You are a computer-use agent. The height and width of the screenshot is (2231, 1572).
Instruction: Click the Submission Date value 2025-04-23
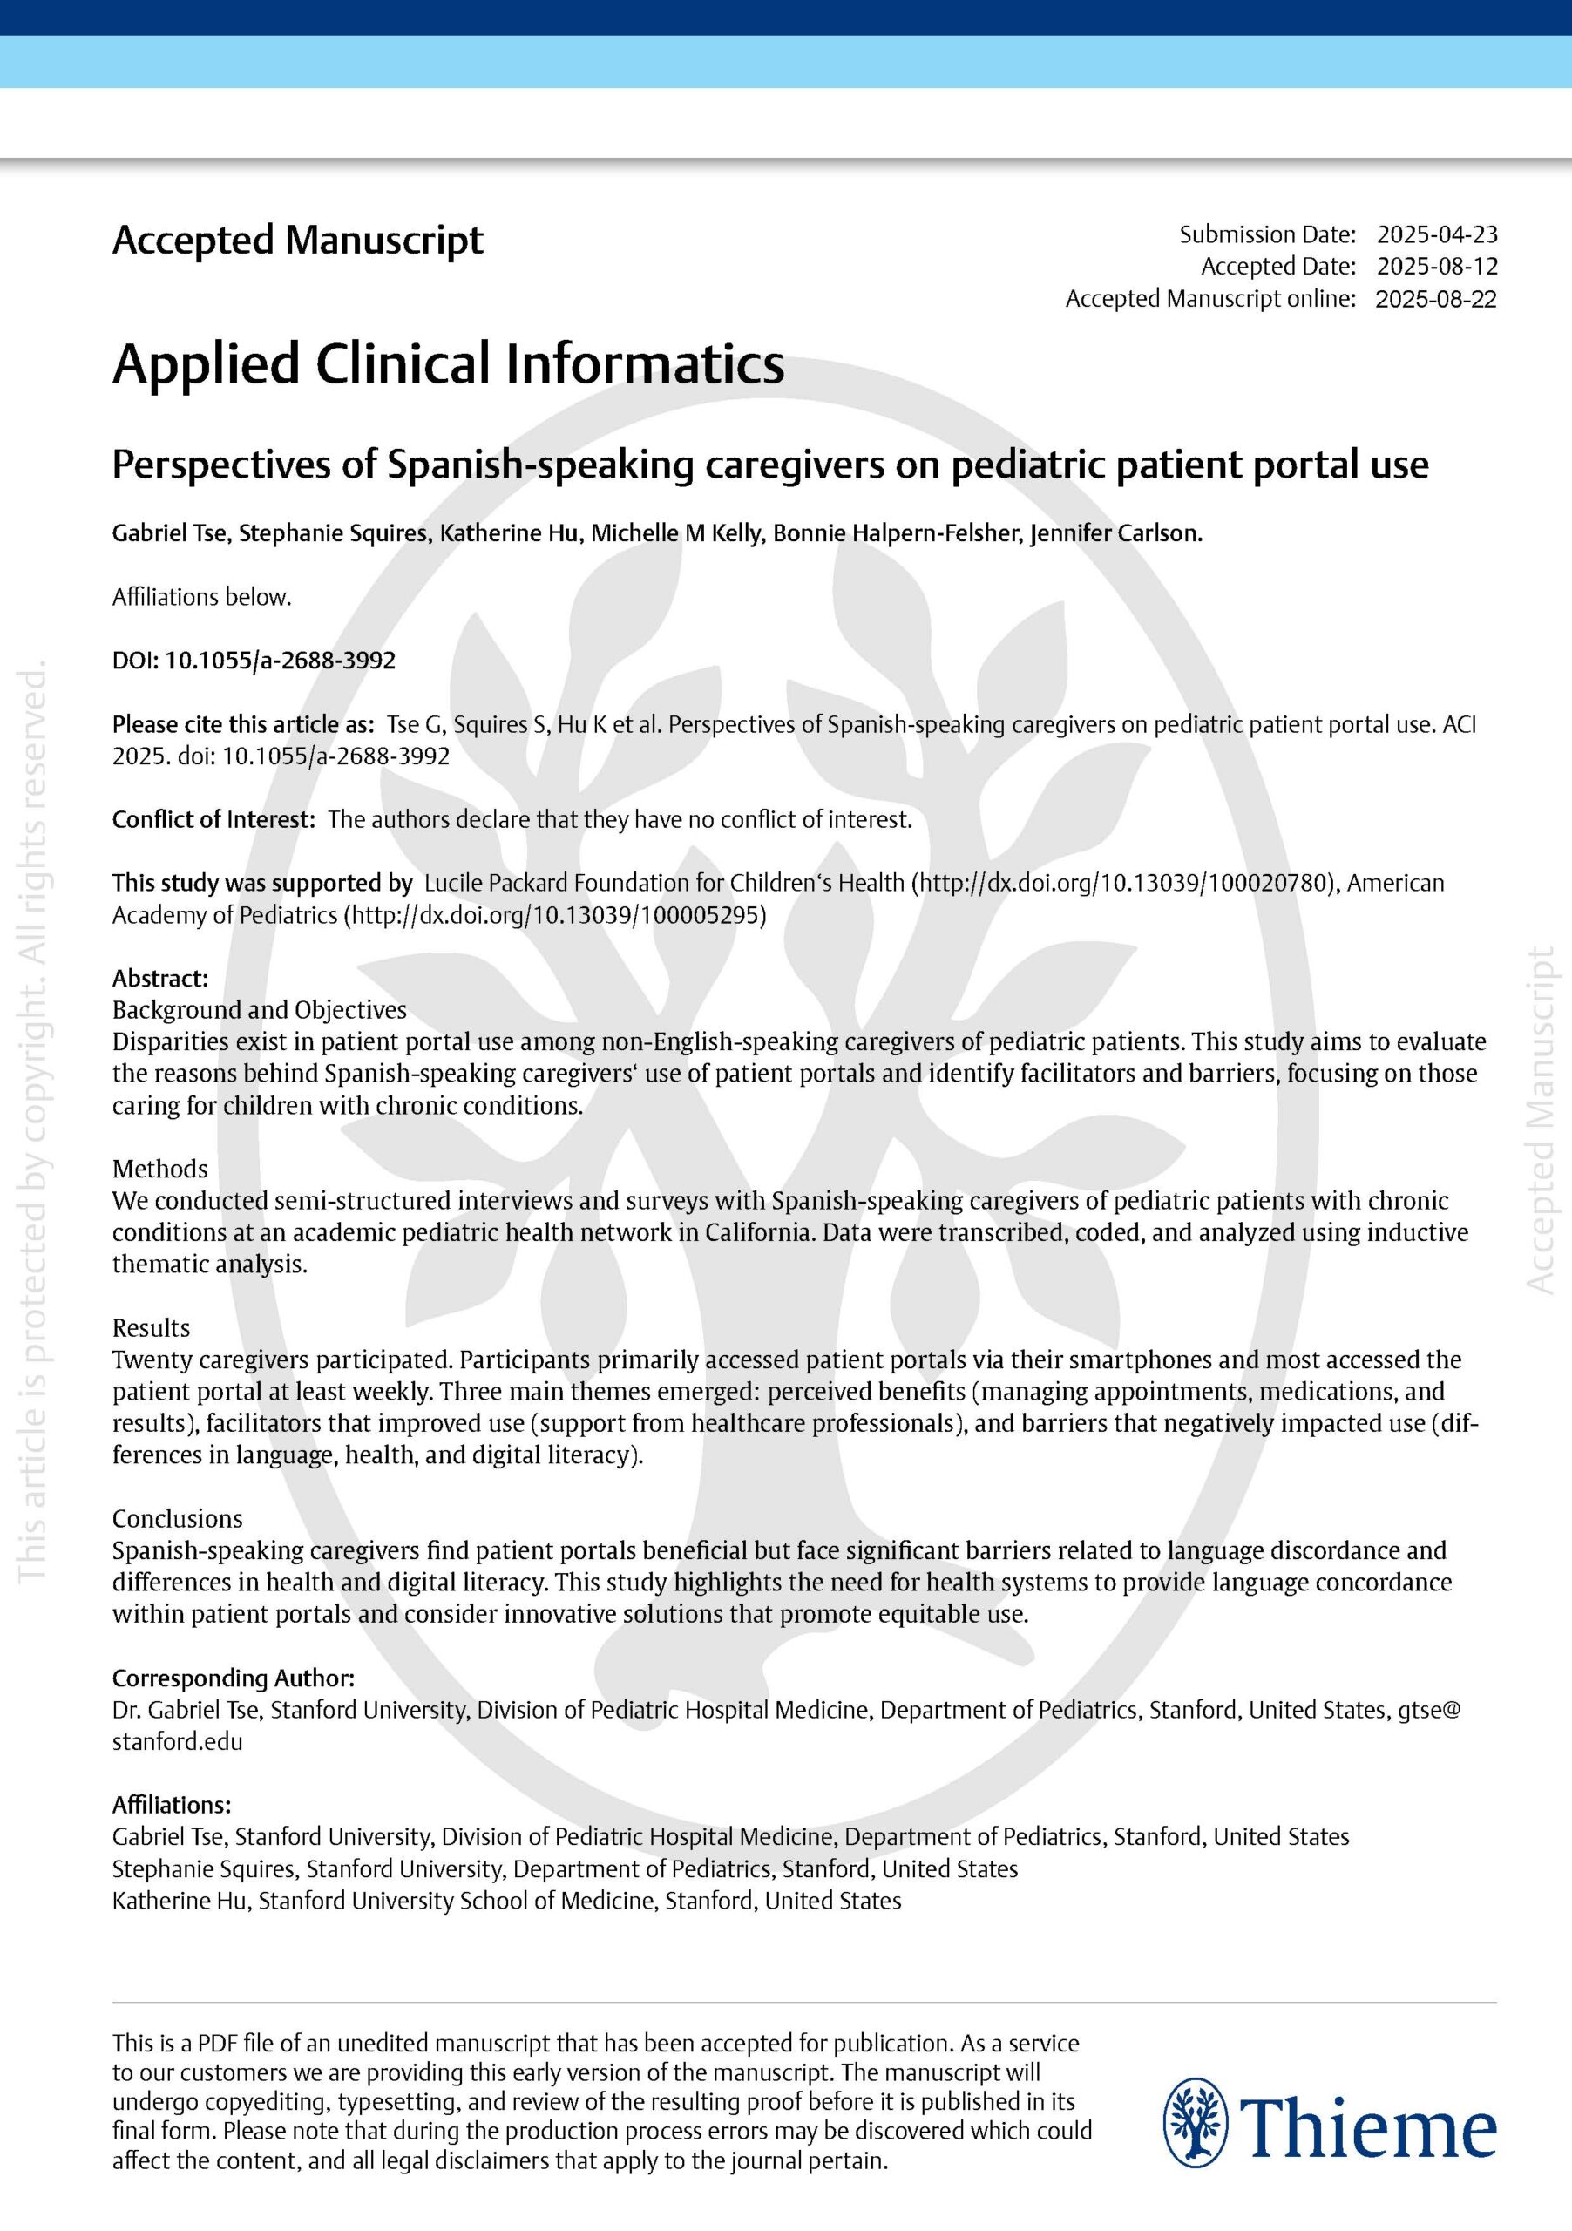click(x=1437, y=234)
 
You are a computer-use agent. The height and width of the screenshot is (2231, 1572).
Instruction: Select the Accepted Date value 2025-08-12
click(x=1437, y=267)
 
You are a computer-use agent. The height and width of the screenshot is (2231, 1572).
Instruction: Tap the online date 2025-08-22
click(x=1436, y=298)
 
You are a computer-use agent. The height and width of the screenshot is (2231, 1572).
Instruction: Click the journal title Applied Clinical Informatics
click(x=448, y=364)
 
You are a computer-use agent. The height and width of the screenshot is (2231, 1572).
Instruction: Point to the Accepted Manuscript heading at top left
click(x=297, y=240)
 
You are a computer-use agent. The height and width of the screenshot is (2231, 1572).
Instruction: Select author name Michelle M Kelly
click(x=676, y=532)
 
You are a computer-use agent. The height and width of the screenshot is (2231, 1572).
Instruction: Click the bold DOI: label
click(x=136, y=661)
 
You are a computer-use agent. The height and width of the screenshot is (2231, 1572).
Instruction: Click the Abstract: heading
click(x=160, y=978)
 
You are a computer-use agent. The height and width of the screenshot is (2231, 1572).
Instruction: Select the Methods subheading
click(x=159, y=1168)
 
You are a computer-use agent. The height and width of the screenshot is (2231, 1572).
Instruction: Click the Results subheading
click(x=151, y=1327)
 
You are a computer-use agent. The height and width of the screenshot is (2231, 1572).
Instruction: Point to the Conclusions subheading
click(x=177, y=1518)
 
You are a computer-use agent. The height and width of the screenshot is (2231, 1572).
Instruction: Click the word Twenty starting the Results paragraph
click(x=146, y=1360)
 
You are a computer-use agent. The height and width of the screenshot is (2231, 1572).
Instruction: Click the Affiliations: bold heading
click(x=172, y=1805)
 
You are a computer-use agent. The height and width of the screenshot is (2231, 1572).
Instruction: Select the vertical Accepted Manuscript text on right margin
click(x=1540, y=1119)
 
